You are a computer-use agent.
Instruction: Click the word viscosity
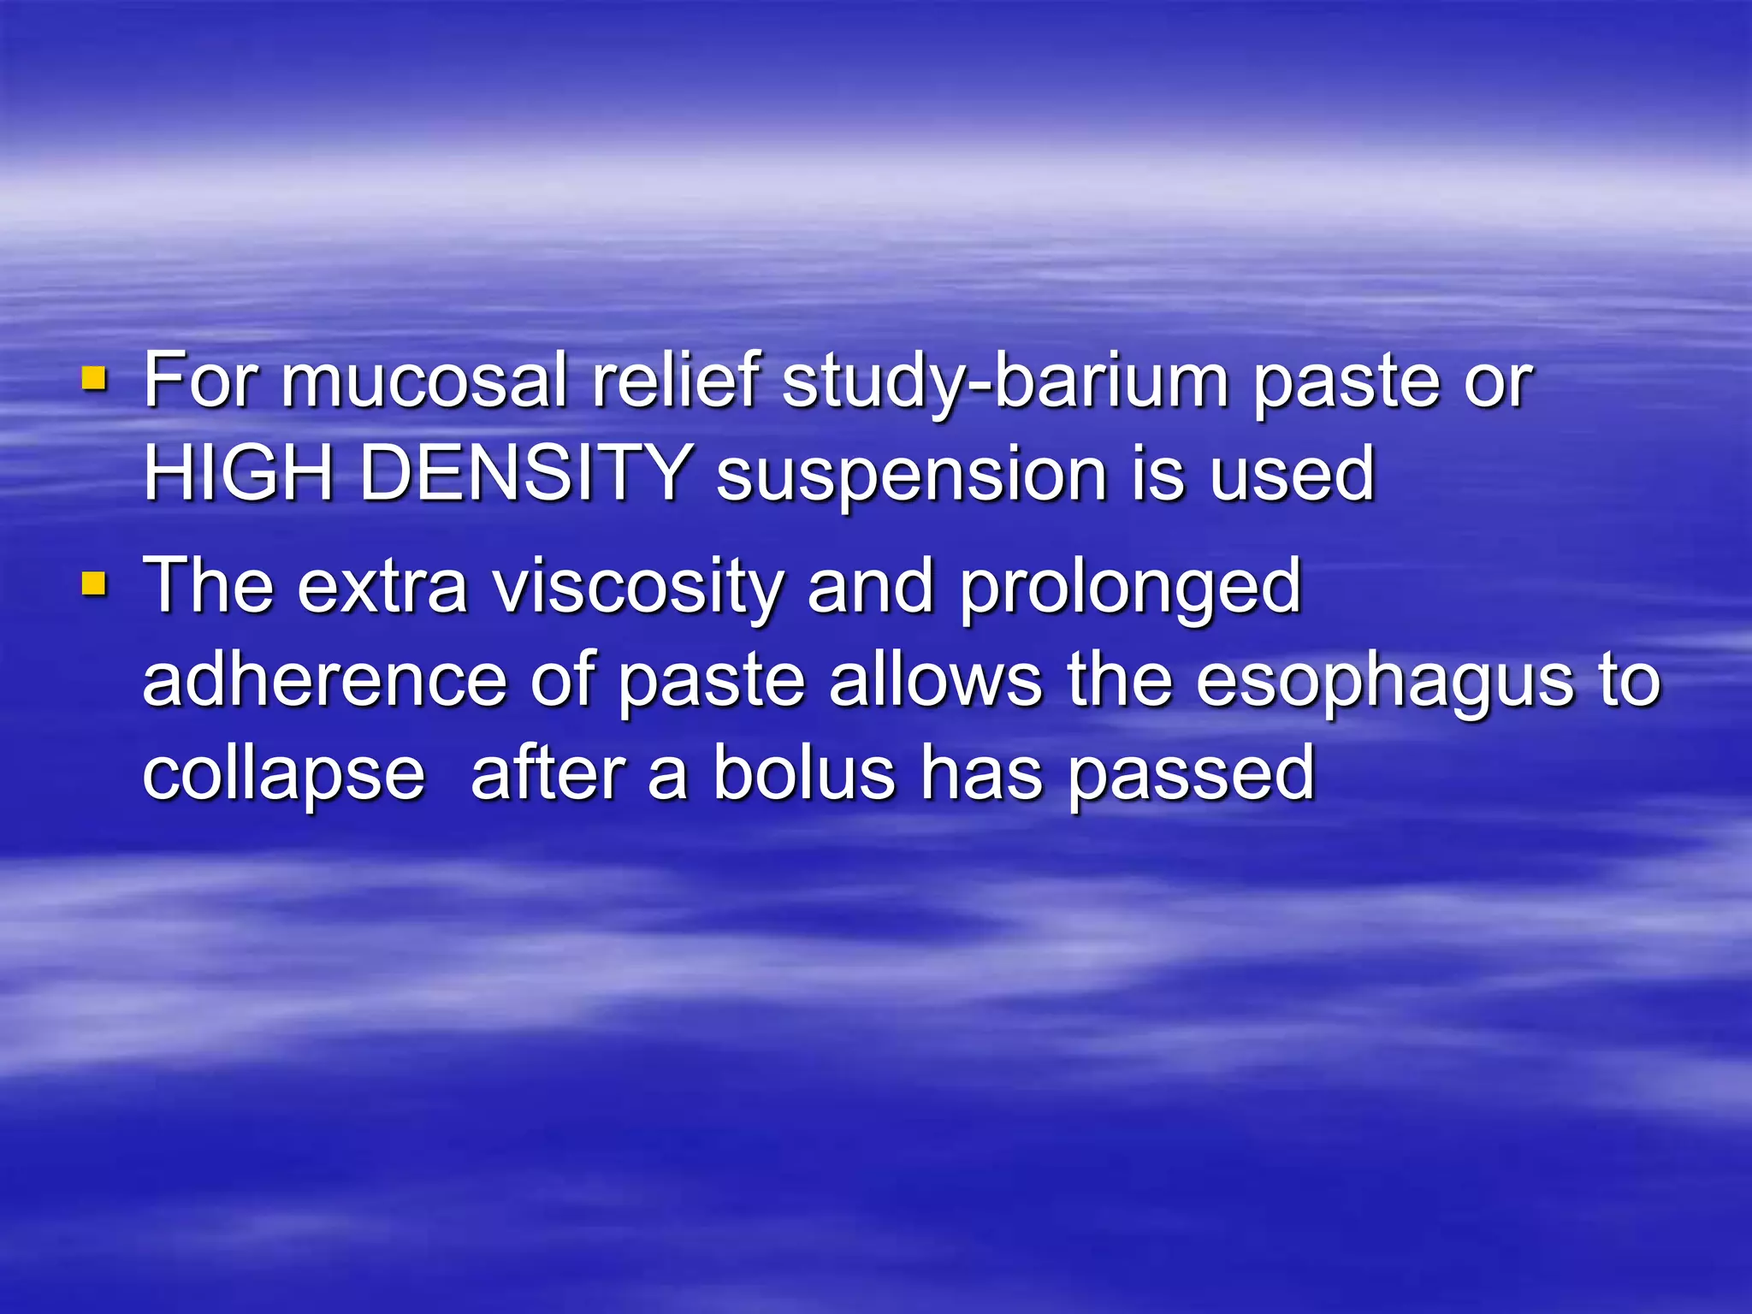coord(638,588)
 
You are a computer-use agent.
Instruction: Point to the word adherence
coord(324,680)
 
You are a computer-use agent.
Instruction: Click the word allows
coord(936,680)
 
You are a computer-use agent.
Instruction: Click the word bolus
coord(803,774)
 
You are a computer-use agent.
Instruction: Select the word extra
coord(382,588)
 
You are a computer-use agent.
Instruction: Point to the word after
coord(547,774)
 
